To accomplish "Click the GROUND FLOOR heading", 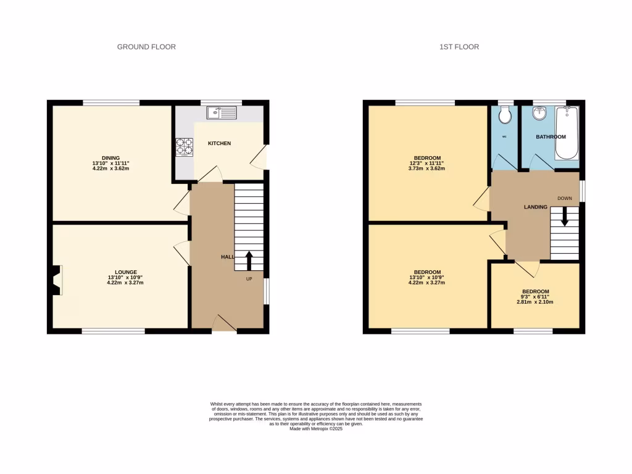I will [146, 47].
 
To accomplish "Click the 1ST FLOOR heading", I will [459, 47].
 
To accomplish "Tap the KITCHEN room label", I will [219, 143].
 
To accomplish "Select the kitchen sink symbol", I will [222, 113].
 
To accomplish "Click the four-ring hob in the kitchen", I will [184, 147].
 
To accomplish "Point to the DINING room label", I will [111, 158].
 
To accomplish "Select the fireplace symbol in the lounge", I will [56, 280].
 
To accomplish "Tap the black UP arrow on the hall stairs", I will [249, 260].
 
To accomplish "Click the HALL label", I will [227, 257].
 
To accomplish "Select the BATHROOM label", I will [551, 136].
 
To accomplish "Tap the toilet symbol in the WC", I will [505, 114].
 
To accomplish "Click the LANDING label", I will [536, 207].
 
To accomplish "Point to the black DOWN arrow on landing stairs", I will [563, 217].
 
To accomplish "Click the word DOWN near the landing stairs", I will [565, 198].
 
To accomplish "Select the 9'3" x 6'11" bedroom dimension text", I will [535, 297].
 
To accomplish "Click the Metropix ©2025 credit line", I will [315, 428].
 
